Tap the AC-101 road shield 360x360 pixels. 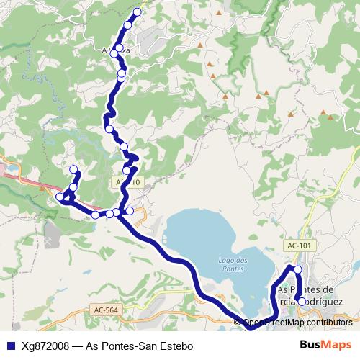tap(300, 246)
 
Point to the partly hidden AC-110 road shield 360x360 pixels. tap(129, 183)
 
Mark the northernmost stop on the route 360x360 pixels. tap(138, 12)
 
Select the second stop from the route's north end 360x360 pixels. tap(128, 25)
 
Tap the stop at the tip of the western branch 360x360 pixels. tap(73, 170)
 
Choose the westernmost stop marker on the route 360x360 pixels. tap(60, 197)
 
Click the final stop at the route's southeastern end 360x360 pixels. tap(302, 302)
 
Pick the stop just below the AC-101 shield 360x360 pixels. tap(298, 269)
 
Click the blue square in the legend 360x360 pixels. tap(12, 346)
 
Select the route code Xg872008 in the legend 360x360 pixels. tap(45, 346)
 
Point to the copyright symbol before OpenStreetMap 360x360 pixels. tap(238, 323)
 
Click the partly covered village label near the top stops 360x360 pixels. tap(115, 51)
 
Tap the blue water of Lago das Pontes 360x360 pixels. tap(202, 238)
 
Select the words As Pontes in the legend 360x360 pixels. tap(112, 346)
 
